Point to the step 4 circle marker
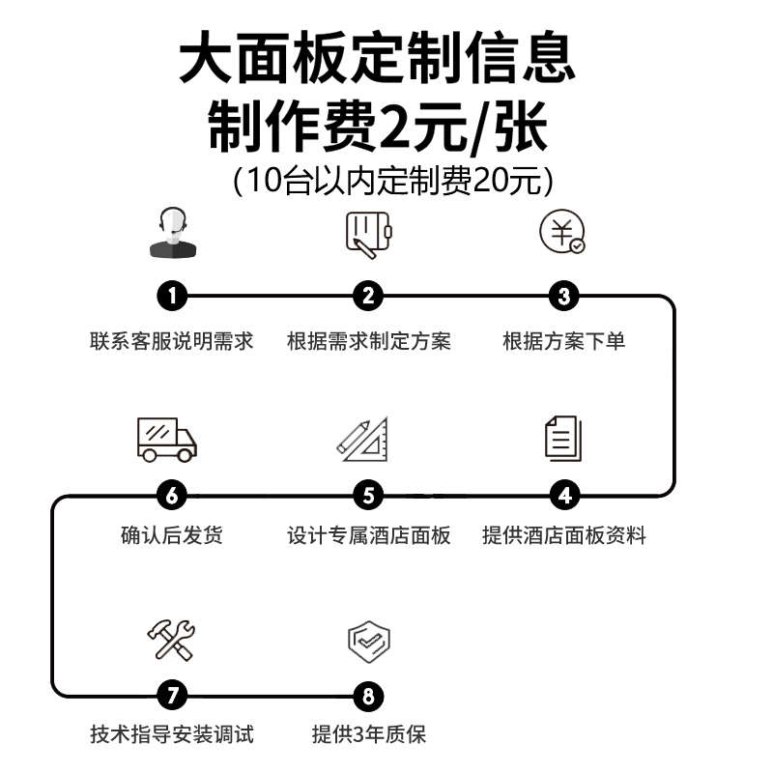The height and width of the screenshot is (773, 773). [x=564, y=496]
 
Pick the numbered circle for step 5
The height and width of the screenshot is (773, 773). [x=368, y=496]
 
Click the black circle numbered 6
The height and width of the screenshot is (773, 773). [x=172, y=496]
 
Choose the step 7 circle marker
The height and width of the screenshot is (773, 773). [x=172, y=695]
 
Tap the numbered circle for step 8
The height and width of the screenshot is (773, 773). [x=368, y=695]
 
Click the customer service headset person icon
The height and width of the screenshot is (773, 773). [x=174, y=233]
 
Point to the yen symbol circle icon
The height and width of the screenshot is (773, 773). [x=562, y=233]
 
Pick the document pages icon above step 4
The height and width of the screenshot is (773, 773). [x=563, y=438]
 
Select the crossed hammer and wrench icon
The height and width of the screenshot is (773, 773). [x=171, y=640]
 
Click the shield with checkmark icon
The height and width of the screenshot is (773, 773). [x=368, y=640]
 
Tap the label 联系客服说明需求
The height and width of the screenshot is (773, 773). [x=172, y=341]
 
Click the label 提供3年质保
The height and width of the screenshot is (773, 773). [x=368, y=734]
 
